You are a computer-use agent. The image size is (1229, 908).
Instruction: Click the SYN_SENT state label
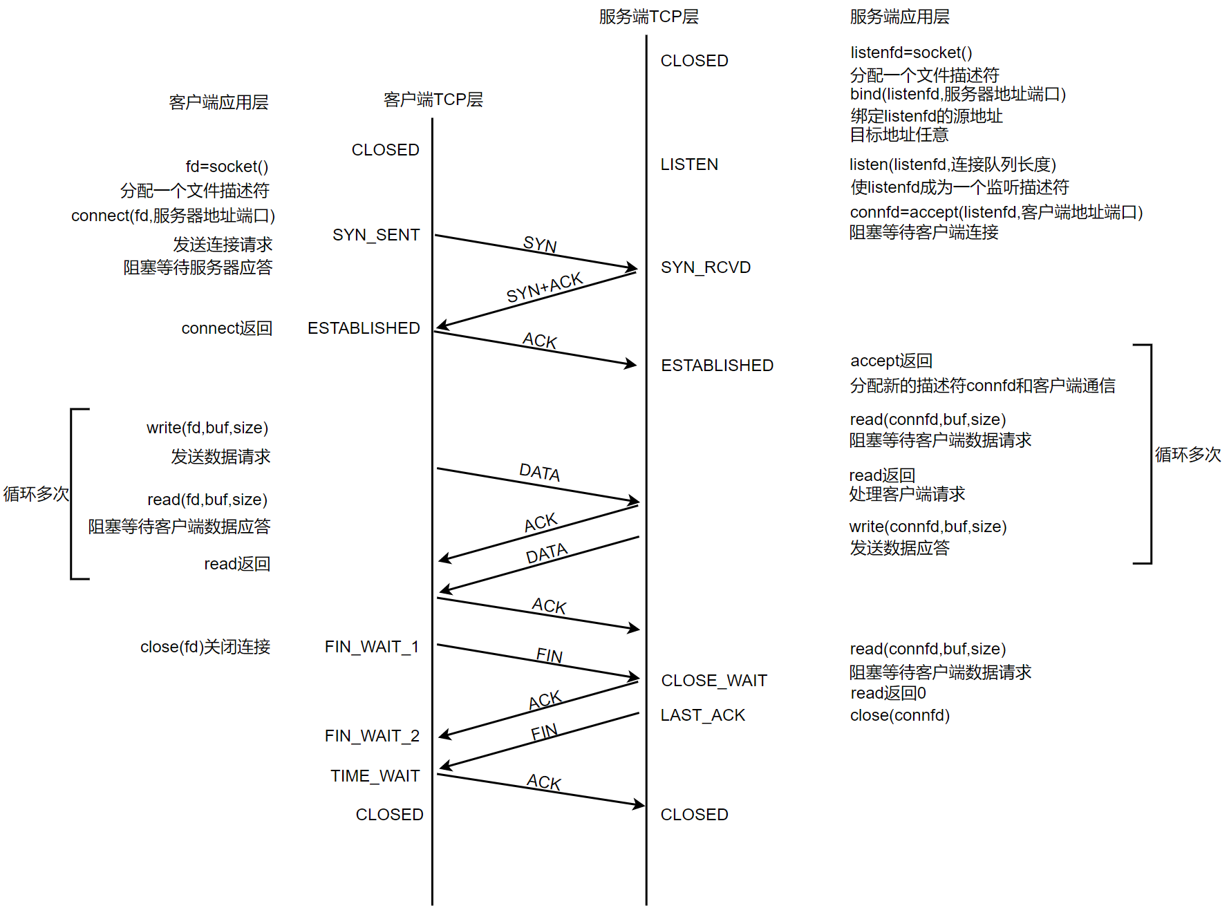376,235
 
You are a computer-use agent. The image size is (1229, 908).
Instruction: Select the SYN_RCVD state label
705,267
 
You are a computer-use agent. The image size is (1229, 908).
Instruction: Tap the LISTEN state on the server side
689,164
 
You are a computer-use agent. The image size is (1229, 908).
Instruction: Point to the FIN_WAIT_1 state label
372,647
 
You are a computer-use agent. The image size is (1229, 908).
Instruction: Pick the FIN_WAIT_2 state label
372,736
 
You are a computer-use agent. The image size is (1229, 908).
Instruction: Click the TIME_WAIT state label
375,776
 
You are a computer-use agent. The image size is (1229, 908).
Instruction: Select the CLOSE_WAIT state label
714,681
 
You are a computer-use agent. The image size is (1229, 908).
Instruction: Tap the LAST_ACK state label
702,715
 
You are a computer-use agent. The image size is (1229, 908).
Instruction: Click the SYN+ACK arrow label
545,287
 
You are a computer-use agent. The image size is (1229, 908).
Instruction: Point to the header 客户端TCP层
433,100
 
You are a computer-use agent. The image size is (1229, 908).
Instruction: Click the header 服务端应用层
899,17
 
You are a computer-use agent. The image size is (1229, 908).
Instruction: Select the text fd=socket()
227,167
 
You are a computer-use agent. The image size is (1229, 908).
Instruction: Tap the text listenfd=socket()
911,53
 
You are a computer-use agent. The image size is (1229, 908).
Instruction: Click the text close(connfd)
899,715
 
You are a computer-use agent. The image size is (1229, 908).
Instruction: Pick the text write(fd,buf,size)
207,428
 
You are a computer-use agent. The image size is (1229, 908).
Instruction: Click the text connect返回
227,328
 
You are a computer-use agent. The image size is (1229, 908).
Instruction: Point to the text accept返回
891,361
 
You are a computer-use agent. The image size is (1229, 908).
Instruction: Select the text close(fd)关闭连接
205,647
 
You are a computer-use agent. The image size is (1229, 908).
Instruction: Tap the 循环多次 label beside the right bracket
1188,455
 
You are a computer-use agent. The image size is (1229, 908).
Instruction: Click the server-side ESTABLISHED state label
717,366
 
